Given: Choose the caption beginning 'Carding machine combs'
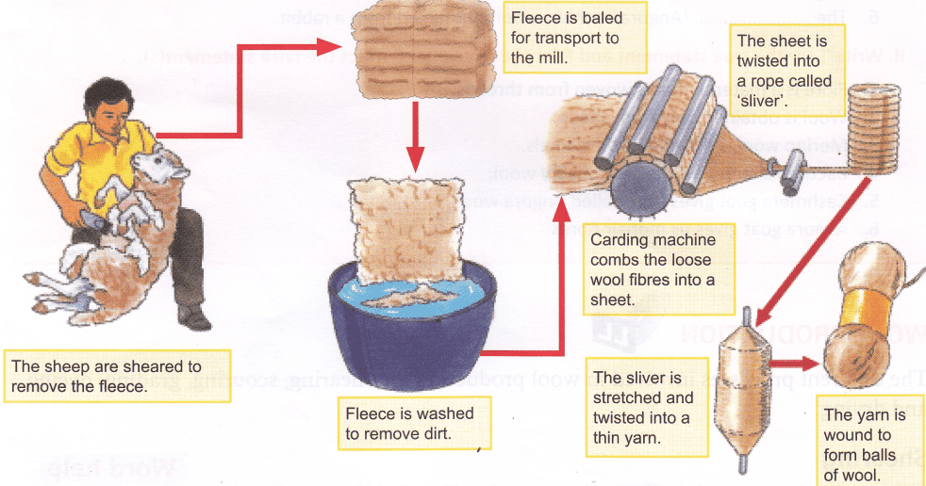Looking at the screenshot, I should pos(652,269).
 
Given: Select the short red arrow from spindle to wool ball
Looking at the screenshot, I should pos(792,360).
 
